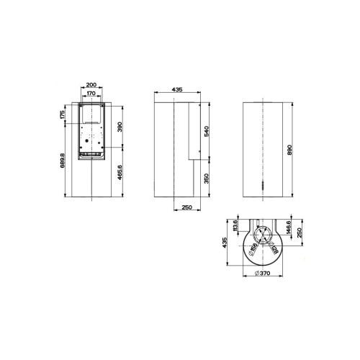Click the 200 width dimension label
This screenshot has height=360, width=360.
point(90,84)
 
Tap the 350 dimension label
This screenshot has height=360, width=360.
point(206,179)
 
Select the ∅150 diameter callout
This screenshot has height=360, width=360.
point(253,251)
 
